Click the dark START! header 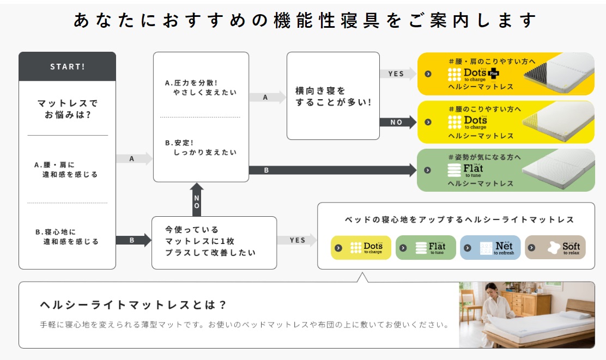tap(67, 66)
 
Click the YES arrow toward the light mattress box tap(297, 240)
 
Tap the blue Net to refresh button tap(490, 248)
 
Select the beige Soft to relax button tap(555, 248)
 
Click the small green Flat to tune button tap(425, 248)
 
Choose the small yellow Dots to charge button tap(361, 248)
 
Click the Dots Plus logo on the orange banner tap(472, 74)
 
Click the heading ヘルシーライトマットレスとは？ tap(134, 304)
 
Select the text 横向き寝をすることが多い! tap(333, 96)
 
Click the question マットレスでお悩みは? tap(67, 108)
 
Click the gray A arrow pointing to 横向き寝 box tap(267, 97)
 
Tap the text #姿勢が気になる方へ tap(484, 157)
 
